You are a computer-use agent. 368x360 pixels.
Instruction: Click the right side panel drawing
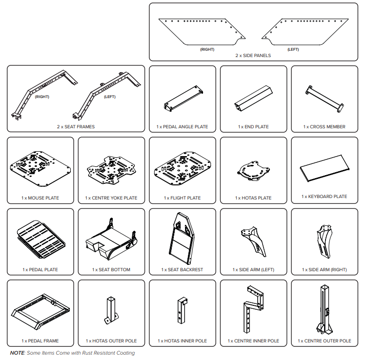pos(202,32)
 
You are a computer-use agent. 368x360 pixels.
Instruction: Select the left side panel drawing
pos(305,32)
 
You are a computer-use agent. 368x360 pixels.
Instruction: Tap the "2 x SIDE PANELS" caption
pos(253,56)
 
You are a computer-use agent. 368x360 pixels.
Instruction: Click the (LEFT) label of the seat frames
pos(110,97)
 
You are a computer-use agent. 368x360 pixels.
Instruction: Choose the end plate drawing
pos(253,98)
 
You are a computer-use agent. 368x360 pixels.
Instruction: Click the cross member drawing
pos(325,99)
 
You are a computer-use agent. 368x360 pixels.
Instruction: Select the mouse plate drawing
pos(40,169)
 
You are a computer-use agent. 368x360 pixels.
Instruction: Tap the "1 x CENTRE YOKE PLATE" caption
pos(111,198)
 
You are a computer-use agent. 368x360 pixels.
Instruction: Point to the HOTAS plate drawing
pos(253,171)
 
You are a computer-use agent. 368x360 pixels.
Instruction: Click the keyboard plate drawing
pos(325,168)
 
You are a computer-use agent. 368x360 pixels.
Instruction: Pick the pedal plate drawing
pos(41,239)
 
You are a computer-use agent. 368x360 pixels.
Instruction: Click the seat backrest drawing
pos(182,238)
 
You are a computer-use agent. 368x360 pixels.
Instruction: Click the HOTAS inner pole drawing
pos(182,311)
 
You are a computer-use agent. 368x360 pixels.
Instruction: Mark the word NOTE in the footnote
pos(17,353)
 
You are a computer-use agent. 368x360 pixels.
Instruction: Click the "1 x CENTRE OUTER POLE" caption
pos(325,341)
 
